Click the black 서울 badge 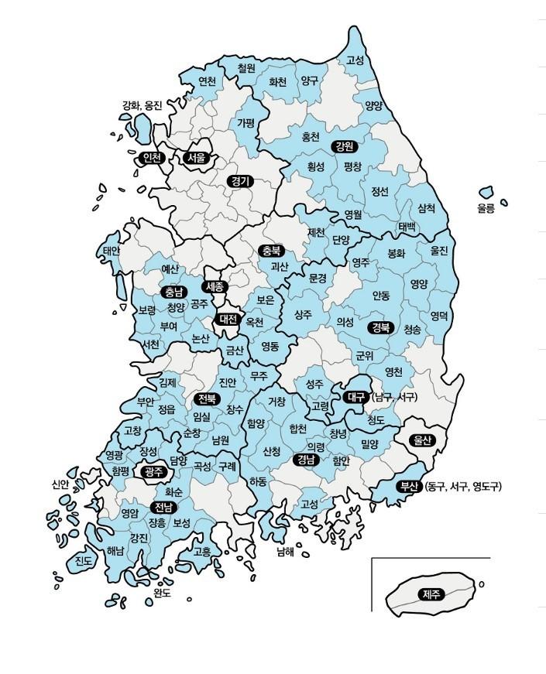click(x=197, y=157)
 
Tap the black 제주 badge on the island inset click(x=430, y=594)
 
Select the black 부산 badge click(x=408, y=487)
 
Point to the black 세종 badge click(x=215, y=286)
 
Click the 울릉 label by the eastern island click(x=486, y=208)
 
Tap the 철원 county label click(x=246, y=68)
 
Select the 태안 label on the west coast click(x=112, y=251)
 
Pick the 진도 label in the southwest click(x=84, y=560)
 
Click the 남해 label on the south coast click(x=285, y=552)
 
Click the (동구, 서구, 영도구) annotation click(x=463, y=487)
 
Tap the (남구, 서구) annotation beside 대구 click(x=394, y=397)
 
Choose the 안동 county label click(x=380, y=295)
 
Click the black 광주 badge click(x=150, y=470)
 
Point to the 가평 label click(x=246, y=123)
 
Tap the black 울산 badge click(x=424, y=440)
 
